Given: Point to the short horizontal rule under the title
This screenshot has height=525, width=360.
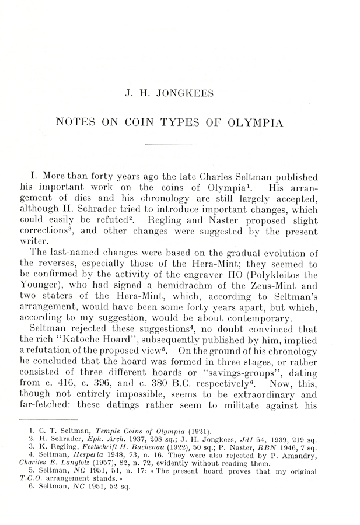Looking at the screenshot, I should [x=169, y=145].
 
